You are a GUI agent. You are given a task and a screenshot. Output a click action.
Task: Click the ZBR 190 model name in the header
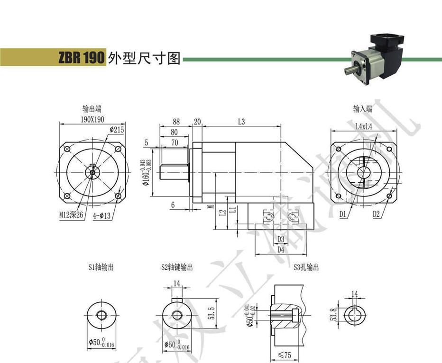[80, 58]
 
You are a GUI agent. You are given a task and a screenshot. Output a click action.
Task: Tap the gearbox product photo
[375, 58]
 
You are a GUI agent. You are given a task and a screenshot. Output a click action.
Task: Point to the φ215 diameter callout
[116, 129]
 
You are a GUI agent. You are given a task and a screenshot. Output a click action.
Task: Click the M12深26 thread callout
[71, 215]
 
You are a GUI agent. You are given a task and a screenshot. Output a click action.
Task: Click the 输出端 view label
[92, 109]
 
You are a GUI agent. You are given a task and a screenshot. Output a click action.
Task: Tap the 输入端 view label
[362, 109]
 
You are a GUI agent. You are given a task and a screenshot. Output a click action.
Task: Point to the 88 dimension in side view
[176, 122]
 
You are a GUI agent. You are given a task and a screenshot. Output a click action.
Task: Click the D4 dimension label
[281, 249]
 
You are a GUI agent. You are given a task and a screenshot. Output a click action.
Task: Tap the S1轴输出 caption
[101, 267]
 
